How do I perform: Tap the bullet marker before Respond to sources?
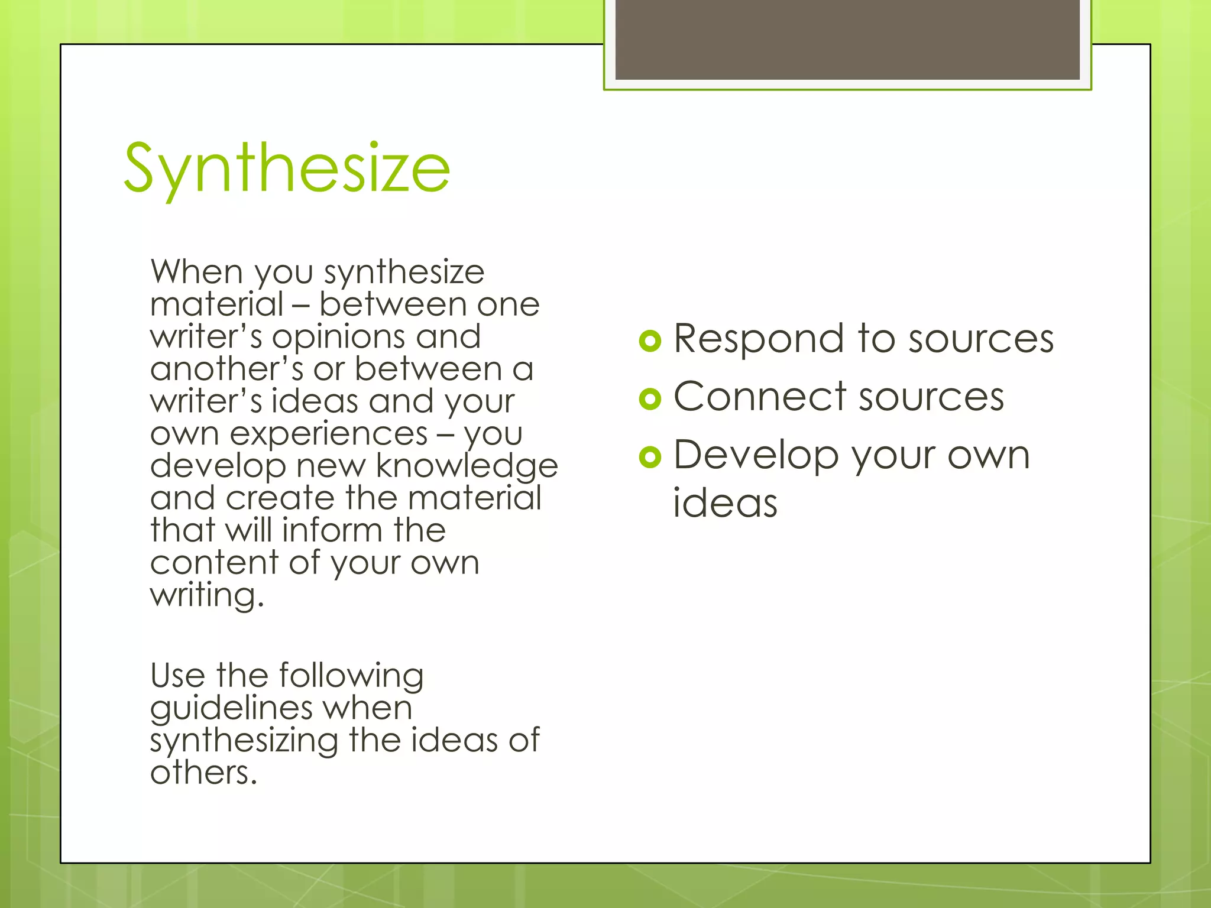tap(650, 341)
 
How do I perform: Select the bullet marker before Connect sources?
tap(650, 399)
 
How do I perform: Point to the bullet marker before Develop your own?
tap(650, 457)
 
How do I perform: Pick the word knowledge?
tap(467, 466)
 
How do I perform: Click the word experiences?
tap(328, 434)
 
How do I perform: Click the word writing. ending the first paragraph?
tap(207, 595)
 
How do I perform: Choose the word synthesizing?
tap(244, 741)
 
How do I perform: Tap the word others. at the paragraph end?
tap(204, 773)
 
